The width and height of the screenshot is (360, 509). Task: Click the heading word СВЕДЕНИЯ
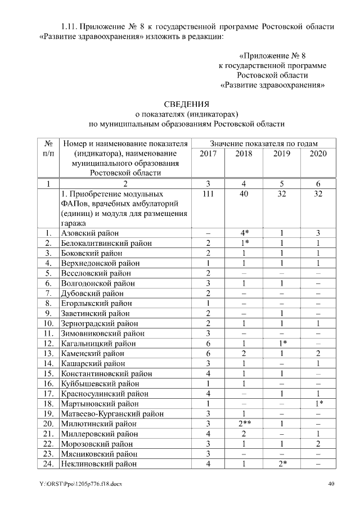pos(186,104)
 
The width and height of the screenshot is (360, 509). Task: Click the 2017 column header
pos(208,154)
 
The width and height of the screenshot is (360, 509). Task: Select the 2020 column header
pos(318,154)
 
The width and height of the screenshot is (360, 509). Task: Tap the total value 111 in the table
pos(208,193)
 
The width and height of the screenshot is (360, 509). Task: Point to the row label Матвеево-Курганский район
pos(112,413)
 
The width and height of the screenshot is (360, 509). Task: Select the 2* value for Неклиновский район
pos(282,464)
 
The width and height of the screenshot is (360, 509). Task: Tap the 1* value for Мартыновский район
pos(318,403)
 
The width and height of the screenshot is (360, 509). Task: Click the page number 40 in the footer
pos(331,484)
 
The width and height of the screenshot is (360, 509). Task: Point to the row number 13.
pos(49,353)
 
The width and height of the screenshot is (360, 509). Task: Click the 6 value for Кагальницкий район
pos(208,343)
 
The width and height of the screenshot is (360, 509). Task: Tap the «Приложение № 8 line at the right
pos(272,56)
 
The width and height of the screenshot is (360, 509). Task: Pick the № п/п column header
pos(49,148)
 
